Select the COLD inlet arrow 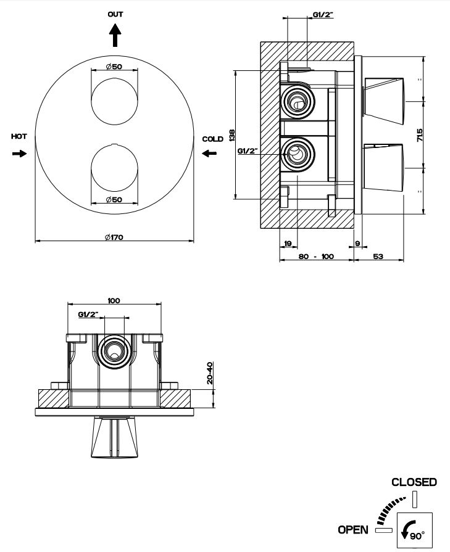coord(209,153)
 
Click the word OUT coord(115,14)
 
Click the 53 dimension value coord(378,255)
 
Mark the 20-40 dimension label coord(209,373)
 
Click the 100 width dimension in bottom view coord(114,300)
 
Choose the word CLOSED coord(414,482)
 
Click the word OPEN coord(353,529)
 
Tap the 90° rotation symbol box coord(414,530)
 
